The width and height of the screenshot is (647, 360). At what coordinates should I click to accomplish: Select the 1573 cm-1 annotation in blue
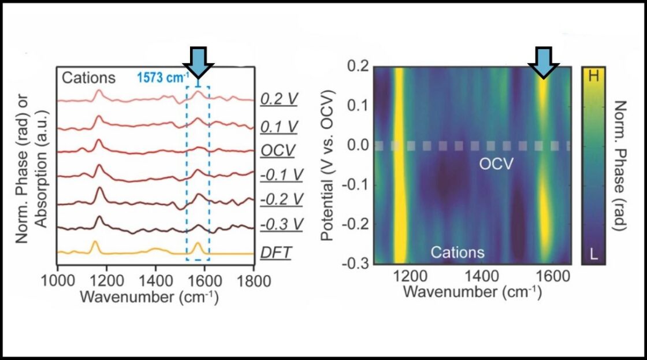[x=162, y=78]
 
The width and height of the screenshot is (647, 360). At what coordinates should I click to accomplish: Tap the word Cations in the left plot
[x=89, y=78]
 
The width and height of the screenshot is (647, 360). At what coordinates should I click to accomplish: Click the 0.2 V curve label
[x=279, y=99]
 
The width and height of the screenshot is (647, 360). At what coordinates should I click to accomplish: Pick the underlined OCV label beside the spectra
[x=278, y=151]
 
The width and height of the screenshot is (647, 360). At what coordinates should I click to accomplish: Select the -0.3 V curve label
[x=282, y=224]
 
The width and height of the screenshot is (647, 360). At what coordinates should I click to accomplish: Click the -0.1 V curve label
[x=282, y=175]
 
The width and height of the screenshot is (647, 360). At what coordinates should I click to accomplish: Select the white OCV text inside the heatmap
[x=496, y=164]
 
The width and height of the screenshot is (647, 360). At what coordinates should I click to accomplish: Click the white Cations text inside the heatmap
[x=458, y=252]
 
